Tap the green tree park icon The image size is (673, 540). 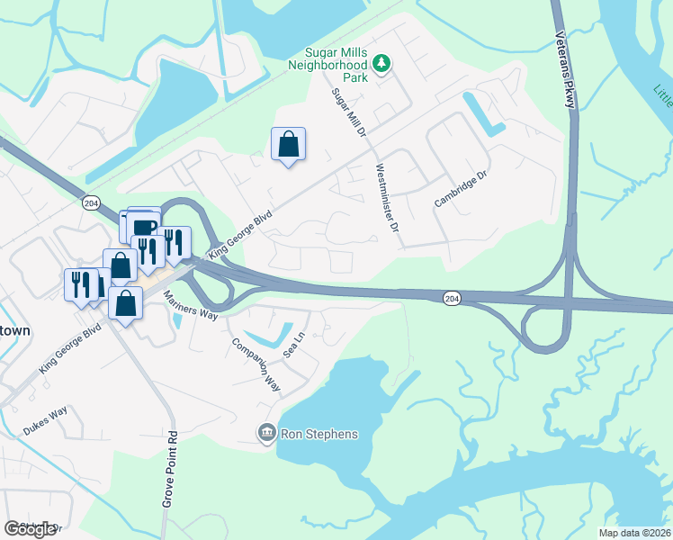pyautogui.click(x=382, y=63)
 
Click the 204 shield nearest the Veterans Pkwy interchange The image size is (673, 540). pyautogui.click(x=453, y=297)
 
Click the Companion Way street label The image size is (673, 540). pyautogui.click(x=256, y=364)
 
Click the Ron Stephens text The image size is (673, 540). pyautogui.click(x=319, y=434)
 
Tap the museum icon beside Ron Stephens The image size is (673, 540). pyautogui.click(x=266, y=434)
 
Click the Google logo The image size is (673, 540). pyautogui.click(x=31, y=529)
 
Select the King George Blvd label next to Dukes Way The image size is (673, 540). pyautogui.click(x=68, y=351)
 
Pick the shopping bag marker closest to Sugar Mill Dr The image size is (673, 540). pyautogui.click(x=288, y=144)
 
